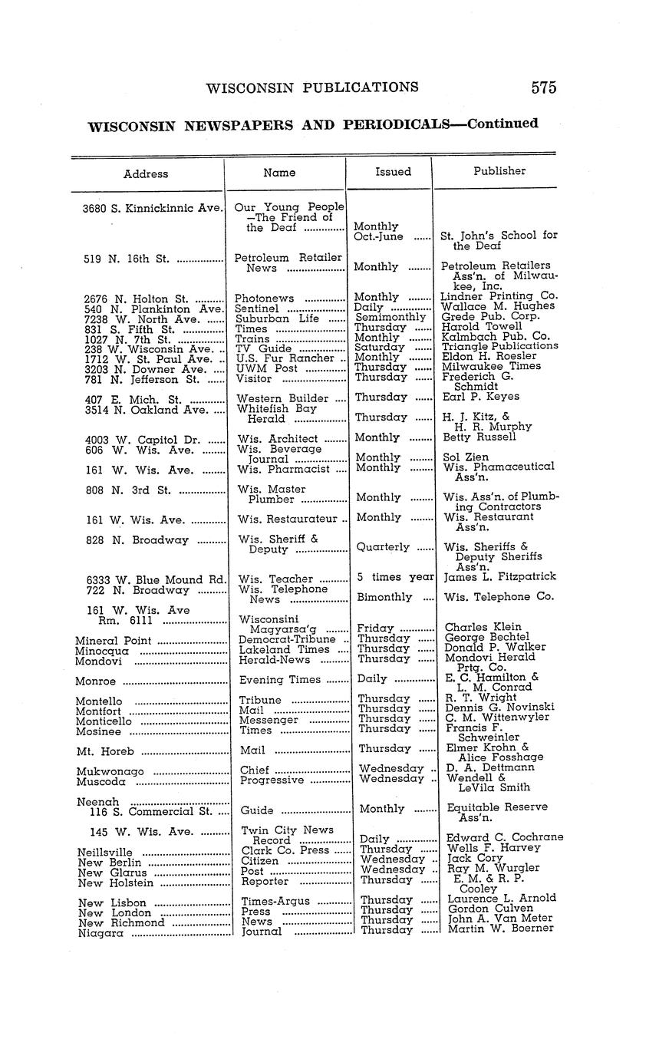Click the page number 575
(542, 87)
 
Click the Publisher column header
(499, 171)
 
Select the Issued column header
(393, 172)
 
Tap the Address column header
(146, 173)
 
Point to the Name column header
(279, 173)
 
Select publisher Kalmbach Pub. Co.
(496, 336)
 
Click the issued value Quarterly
(383, 547)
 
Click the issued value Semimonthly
(390, 316)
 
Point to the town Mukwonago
(110, 771)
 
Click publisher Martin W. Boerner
(499, 929)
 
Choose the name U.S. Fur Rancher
(286, 358)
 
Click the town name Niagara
(100, 934)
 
